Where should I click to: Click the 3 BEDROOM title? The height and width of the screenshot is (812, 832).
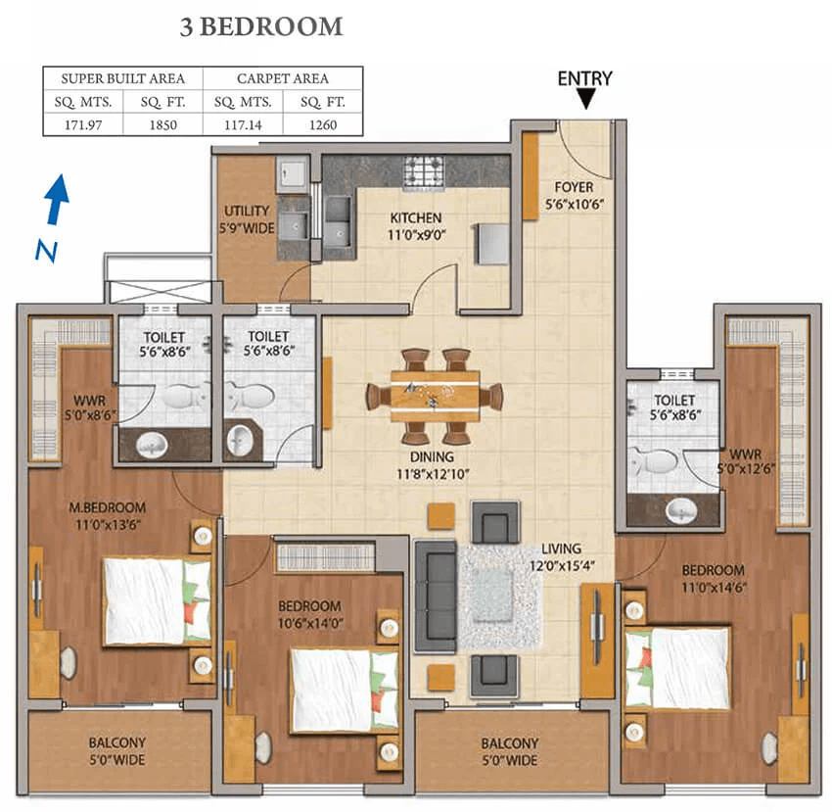[261, 27]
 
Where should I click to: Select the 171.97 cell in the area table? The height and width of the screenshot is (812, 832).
[83, 124]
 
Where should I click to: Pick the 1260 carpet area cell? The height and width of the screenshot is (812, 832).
[323, 124]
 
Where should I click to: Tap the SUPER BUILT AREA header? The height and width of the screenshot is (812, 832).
[122, 78]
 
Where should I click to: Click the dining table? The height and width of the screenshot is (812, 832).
[435, 395]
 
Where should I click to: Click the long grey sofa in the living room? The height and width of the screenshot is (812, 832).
[435, 596]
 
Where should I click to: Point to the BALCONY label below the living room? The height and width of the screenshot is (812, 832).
[509, 743]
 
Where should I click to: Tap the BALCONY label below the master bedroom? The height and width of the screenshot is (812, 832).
[116, 743]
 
